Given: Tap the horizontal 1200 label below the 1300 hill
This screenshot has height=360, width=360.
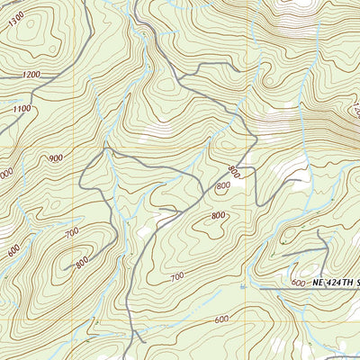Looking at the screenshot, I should click(x=32, y=74).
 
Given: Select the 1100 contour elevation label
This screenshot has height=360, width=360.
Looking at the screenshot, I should click(x=22, y=109).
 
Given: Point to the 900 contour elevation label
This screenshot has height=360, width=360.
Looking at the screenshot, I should click(x=56, y=158).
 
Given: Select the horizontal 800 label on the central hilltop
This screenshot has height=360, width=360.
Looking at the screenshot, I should click(x=218, y=215).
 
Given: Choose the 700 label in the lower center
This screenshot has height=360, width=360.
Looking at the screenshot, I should click(x=175, y=275).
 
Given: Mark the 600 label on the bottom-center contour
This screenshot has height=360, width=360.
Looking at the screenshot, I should click(x=221, y=319).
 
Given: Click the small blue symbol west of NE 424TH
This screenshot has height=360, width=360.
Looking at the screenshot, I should click(x=243, y=286).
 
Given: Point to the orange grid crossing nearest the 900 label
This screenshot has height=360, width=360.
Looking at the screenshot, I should click(x=107, y=147).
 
